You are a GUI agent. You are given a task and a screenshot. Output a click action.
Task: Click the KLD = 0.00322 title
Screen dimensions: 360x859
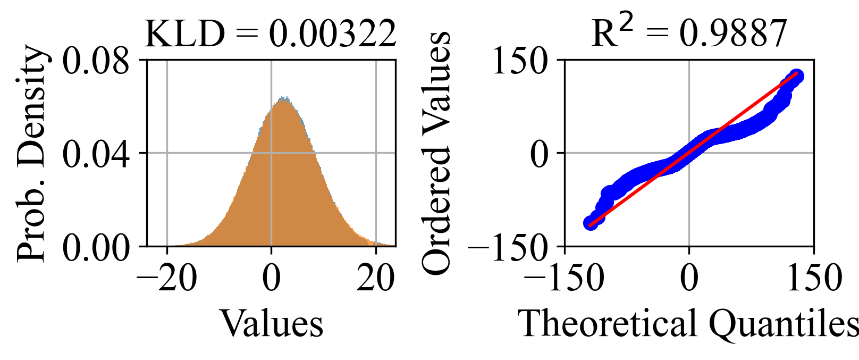[271, 34]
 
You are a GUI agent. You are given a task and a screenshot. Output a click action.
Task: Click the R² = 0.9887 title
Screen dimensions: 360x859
[689, 34]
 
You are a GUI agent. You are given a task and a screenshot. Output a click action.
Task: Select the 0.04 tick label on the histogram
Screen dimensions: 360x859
[96, 154]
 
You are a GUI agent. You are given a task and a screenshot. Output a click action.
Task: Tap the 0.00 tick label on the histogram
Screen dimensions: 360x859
[96, 247]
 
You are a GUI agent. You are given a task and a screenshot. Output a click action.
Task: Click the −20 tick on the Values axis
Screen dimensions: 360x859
[167, 278]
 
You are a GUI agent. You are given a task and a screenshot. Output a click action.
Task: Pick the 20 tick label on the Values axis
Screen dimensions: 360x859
[376, 278]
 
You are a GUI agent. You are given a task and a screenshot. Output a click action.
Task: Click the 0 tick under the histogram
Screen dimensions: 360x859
[272, 278]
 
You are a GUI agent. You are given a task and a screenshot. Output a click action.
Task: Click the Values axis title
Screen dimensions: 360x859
[272, 323]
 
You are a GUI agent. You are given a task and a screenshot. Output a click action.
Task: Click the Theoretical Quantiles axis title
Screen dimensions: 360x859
[689, 323]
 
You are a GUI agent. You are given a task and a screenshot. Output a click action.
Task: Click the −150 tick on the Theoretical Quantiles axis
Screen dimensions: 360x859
[565, 278]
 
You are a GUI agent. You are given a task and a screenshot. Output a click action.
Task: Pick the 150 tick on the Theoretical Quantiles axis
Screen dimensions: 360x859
[814, 278]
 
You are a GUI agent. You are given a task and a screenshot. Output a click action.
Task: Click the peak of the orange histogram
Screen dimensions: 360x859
[283, 99]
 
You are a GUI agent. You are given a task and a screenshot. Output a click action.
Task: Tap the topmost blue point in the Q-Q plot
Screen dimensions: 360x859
[796, 76]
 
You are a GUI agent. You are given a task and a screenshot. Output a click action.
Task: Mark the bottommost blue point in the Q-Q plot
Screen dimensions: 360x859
[590, 223]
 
